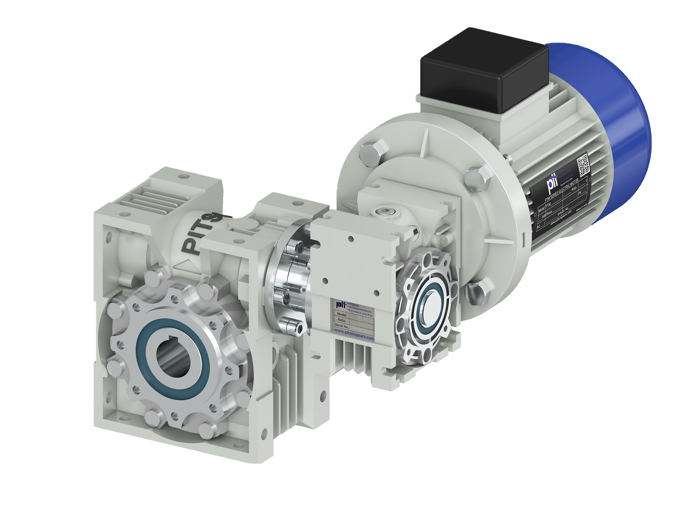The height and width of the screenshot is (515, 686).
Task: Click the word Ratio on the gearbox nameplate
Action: (342, 320)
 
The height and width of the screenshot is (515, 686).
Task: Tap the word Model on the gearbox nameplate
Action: (342, 314)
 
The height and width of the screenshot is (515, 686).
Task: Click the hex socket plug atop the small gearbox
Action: (387, 212)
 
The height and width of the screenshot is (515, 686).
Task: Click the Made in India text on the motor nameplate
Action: (582, 207)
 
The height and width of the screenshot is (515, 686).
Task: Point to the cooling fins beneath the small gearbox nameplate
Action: (353, 354)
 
